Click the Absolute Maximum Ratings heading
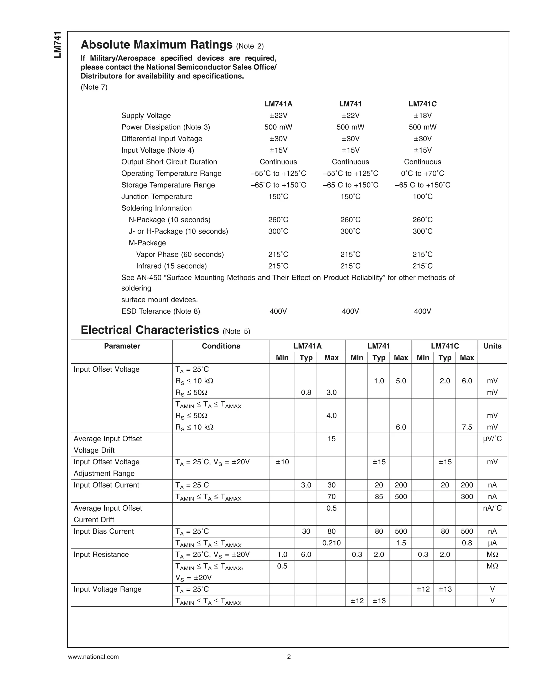157,45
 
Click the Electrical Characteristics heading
150,330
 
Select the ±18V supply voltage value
422,115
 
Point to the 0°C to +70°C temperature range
422,173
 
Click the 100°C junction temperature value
422,197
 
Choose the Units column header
492,346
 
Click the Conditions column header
221,346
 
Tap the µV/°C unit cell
492,439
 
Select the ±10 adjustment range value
282,462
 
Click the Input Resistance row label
101,554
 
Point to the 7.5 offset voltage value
467,427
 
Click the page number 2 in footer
289,657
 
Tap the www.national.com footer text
93,657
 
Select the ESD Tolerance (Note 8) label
161,311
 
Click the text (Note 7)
94,87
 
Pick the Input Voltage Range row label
107,589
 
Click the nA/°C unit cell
492,508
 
